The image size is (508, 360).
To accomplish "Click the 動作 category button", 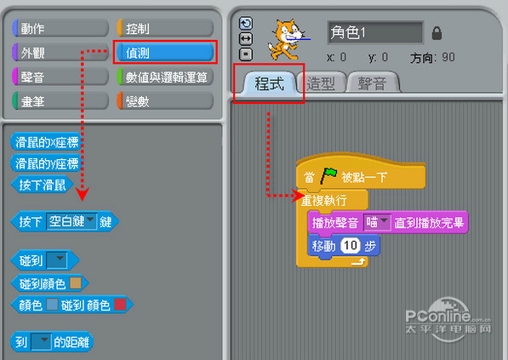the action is click(60, 29).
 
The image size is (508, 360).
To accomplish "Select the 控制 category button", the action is click(165, 29).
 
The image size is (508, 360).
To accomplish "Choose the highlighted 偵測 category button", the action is click(165, 53).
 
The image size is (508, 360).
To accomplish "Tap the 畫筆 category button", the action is click(60, 101).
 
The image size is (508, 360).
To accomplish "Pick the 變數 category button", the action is click(165, 101).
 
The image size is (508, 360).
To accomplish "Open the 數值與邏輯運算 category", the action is click(165, 77).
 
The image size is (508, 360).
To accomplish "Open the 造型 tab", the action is click(321, 83).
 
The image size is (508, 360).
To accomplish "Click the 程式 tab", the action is click(269, 83).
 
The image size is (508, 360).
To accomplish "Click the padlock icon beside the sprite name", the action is click(437, 32).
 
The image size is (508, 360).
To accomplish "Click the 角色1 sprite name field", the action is click(375, 32).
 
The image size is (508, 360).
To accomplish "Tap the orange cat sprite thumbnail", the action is click(287, 39).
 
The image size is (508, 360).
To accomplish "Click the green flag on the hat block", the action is click(328, 175).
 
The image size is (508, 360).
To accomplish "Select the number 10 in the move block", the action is click(350, 245).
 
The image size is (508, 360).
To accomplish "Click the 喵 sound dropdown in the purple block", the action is click(376, 222).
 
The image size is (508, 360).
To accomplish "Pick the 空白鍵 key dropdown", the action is click(71, 221).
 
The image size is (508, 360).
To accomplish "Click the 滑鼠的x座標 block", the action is click(46, 142).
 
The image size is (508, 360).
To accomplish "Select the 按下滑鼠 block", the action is click(42, 185).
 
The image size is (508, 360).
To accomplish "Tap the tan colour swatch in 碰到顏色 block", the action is click(76, 283).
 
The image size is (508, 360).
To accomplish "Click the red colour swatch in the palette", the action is click(120, 305).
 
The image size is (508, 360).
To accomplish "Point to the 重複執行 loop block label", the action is click(324, 201).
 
